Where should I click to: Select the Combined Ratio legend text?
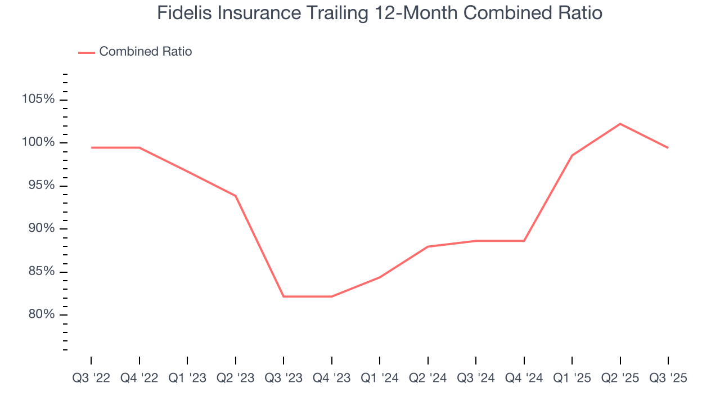145,52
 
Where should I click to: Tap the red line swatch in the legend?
86,52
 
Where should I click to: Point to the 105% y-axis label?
38,100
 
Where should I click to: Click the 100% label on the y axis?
38,143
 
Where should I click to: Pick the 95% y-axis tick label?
40,186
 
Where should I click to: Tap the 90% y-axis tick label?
40,228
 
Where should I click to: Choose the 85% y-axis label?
40,272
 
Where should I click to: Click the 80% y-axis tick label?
40,314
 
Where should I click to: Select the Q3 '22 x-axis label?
91,378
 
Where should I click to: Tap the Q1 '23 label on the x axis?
187,378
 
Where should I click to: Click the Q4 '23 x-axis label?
331,378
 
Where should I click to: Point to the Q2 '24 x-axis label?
427,378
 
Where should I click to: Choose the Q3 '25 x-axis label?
668,378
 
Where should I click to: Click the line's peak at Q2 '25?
620,124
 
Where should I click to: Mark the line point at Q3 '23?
283,296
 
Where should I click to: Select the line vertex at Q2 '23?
235,196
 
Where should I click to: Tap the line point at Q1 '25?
572,155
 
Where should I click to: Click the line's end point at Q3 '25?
668,147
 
